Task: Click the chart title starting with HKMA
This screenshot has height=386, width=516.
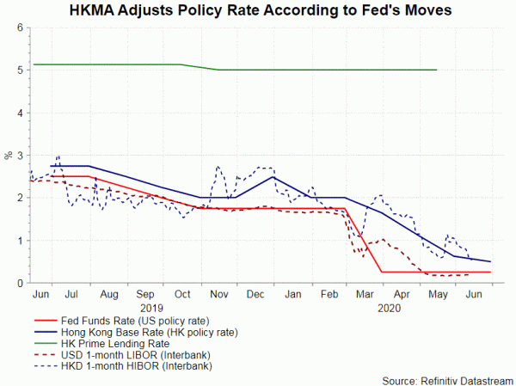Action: [258, 11]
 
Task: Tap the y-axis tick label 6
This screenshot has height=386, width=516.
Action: [20, 28]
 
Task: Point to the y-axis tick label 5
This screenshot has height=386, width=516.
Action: [20, 70]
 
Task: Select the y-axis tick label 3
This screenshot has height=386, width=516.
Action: [20, 156]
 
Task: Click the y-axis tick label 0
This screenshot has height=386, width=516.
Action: [20, 283]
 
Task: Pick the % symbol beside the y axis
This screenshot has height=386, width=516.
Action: [8, 156]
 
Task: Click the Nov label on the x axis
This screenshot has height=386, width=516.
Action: [218, 294]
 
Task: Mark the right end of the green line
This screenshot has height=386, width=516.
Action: [437, 70]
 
